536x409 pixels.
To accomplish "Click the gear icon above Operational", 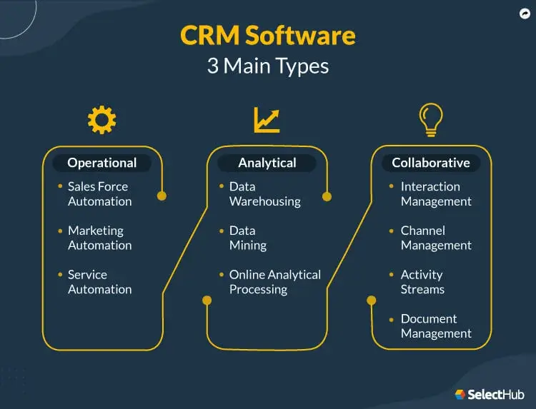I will pyautogui.click(x=101, y=120).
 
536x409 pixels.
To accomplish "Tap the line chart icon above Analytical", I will pyautogui.click(x=267, y=119).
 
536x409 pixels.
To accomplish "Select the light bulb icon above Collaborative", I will pyautogui.click(x=431, y=118).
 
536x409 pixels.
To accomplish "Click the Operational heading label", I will pyautogui.click(x=101, y=163).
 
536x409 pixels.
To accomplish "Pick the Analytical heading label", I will pyautogui.click(x=267, y=163).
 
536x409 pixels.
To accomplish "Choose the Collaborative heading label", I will pyautogui.click(x=431, y=163).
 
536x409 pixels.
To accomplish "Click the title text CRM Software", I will pyautogui.click(x=267, y=36).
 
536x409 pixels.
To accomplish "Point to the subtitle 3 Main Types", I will pyautogui.click(x=267, y=66).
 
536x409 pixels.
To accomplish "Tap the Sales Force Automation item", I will pyautogui.click(x=99, y=194).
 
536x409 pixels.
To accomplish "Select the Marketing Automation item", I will pyautogui.click(x=99, y=238).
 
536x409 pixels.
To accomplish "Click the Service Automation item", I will pyautogui.click(x=99, y=282).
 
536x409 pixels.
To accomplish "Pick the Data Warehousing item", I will pyautogui.click(x=264, y=194).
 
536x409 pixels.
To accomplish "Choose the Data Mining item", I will pyautogui.click(x=247, y=238).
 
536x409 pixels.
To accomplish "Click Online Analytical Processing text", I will pyautogui.click(x=274, y=282).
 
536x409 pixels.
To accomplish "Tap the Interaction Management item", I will pyautogui.click(x=436, y=194).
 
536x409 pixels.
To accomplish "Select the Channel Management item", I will pyautogui.click(x=436, y=238).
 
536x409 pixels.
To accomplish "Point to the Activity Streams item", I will pyautogui.click(x=422, y=282).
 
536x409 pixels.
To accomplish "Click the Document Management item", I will pyautogui.click(x=436, y=326).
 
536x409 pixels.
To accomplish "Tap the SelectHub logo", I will pyautogui.click(x=490, y=394).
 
